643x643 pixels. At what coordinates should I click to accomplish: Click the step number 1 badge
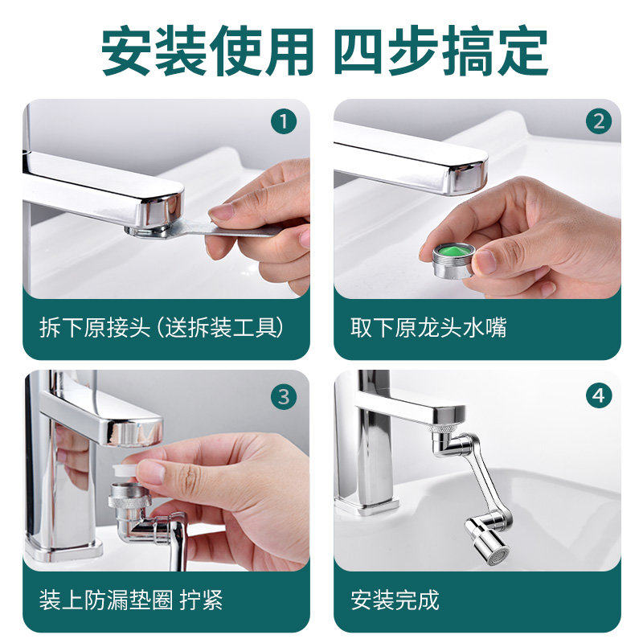[x=284, y=121]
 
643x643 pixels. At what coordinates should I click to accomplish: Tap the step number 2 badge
[x=598, y=121]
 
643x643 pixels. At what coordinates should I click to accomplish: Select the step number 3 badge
[x=284, y=396]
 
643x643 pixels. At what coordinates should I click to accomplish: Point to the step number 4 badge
[x=598, y=395]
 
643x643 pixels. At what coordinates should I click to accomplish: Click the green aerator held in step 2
[x=453, y=260]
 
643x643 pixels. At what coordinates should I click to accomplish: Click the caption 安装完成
[x=395, y=600]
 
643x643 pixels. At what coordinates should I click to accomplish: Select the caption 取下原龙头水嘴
[x=428, y=327]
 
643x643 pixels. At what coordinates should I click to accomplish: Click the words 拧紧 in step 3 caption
[x=201, y=600]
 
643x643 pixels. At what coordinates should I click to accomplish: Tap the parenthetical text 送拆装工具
[x=222, y=327]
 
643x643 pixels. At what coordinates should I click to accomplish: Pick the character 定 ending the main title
[x=523, y=51]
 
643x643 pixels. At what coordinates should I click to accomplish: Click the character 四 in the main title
[x=359, y=51]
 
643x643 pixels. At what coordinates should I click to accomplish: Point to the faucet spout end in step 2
[x=469, y=175]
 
